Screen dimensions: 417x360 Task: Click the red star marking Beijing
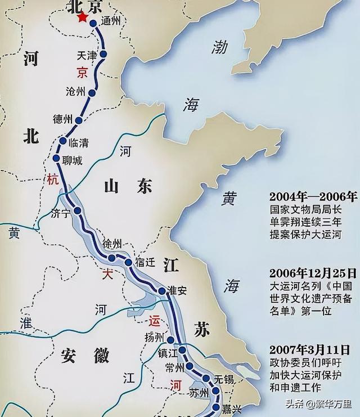pos(83,18)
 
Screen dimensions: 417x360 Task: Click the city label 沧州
pos(75,92)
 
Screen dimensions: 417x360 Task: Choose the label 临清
pos(78,142)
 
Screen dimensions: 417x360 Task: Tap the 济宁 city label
pos(61,213)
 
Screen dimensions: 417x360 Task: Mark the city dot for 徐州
pos(112,258)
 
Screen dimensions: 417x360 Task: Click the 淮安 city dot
pos(162,291)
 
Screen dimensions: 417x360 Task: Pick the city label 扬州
pos(152,338)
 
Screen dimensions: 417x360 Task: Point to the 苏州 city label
pos(199,391)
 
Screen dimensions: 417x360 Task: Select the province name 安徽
pos(84,355)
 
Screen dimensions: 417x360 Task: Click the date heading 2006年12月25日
pos(313,273)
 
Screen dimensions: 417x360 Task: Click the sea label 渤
pos(219,47)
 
